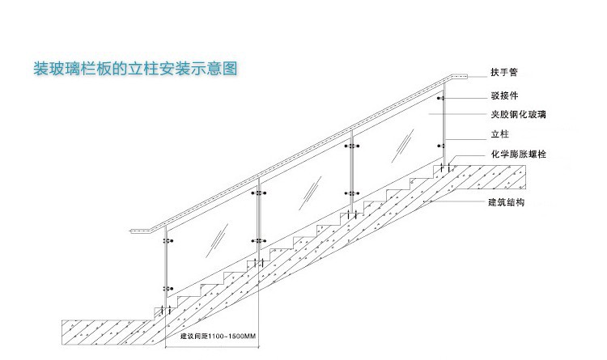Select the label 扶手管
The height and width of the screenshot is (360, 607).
tap(504, 72)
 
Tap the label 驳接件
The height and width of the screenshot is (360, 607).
tap(504, 95)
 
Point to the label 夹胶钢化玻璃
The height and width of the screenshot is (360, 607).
tap(519, 115)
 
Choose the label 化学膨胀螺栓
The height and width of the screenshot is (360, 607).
tap(519, 155)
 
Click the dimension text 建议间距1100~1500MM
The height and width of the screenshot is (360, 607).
tap(217, 336)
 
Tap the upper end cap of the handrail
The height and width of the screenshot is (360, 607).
tap(459, 75)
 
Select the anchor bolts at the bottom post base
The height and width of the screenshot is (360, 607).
tap(166, 310)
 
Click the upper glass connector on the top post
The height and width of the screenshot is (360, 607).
tap(442, 99)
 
